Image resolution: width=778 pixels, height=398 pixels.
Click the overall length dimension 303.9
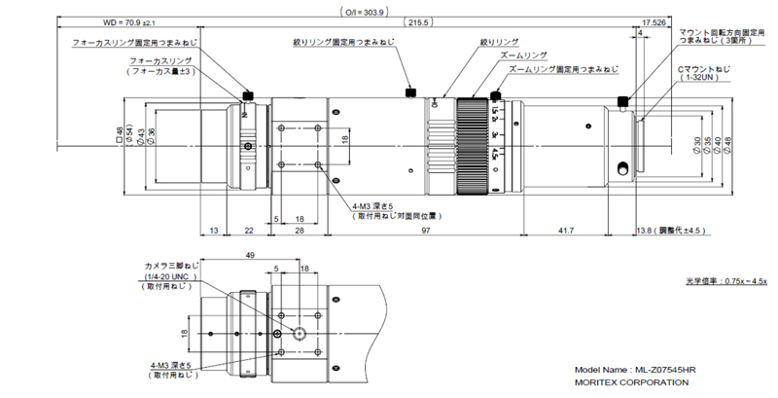365,13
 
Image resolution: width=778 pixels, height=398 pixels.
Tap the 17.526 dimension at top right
653,21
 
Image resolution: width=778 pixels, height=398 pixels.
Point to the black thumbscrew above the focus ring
248,96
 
